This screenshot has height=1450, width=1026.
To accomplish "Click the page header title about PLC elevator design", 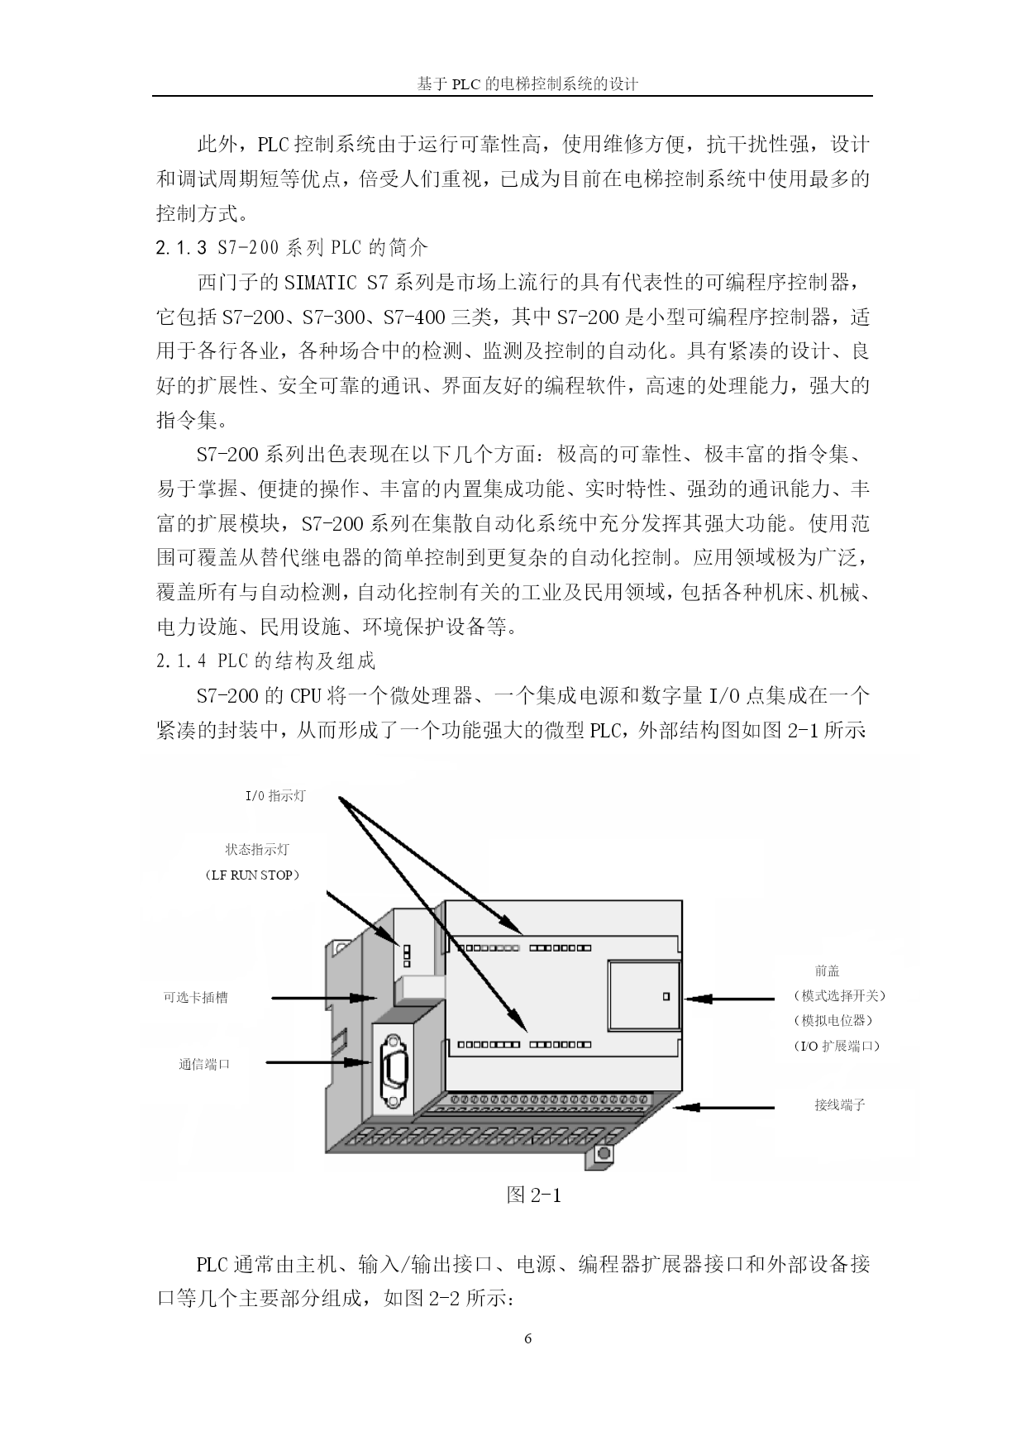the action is tap(527, 83).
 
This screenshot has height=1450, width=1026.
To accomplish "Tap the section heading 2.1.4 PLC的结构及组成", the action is tap(265, 661).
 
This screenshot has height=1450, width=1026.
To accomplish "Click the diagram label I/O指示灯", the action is tap(275, 795).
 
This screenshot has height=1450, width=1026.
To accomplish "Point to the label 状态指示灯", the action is tap(257, 849).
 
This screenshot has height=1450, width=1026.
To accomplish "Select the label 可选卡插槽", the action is tap(195, 998).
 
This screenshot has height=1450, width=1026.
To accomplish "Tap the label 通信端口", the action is tap(204, 1064).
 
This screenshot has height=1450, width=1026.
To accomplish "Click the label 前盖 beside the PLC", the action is tap(827, 971).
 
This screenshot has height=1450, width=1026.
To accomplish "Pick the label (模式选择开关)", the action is tap(838, 995).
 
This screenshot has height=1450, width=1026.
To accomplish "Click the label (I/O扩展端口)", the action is tap(836, 1045).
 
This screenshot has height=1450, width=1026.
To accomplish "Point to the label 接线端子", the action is tap(839, 1104).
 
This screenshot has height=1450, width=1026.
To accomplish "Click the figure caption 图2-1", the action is tap(533, 1195).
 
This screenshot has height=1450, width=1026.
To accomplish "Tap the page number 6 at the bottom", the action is tap(528, 1339).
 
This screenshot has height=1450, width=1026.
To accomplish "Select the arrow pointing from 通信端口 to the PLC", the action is tap(318, 1062).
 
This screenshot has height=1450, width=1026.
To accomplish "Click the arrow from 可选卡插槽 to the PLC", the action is tap(324, 998).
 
